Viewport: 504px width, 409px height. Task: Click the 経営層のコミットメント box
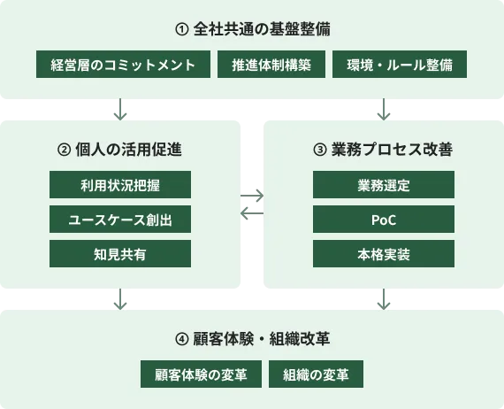click(123, 65)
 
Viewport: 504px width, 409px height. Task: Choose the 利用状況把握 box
click(120, 185)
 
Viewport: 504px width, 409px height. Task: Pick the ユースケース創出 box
click(120, 220)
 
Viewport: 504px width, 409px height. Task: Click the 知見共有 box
click(120, 254)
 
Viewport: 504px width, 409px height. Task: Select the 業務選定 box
click(384, 185)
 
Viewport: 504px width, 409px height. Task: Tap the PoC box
click(384, 220)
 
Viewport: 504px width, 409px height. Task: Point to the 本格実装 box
click(384, 254)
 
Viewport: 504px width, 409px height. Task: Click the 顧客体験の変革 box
click(201, 374)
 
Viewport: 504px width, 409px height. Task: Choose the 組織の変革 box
click(316, 374)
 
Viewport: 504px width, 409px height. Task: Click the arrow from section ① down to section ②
click(120, 109)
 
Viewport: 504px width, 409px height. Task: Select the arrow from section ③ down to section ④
click(385, 299)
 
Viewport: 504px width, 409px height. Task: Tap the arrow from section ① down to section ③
click(385, 109)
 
